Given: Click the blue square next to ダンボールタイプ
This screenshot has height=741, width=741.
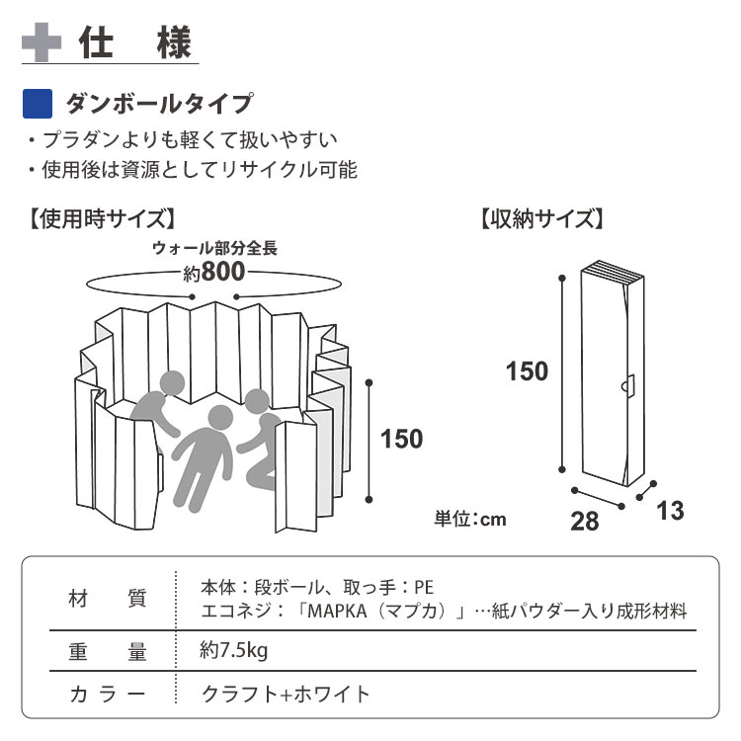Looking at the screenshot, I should (x=37, y=103).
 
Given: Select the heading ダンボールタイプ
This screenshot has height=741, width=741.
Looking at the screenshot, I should (x=158, y=103).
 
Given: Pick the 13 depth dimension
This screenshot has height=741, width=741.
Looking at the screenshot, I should (x=670, y=510).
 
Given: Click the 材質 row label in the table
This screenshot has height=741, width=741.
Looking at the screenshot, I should (x=109, y=599).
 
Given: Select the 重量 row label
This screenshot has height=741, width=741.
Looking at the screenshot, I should (x=109, y=652).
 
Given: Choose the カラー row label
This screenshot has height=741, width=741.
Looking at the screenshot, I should (x=109, y=695).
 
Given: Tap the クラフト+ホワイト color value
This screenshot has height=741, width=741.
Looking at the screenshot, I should (x=287, y=695).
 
